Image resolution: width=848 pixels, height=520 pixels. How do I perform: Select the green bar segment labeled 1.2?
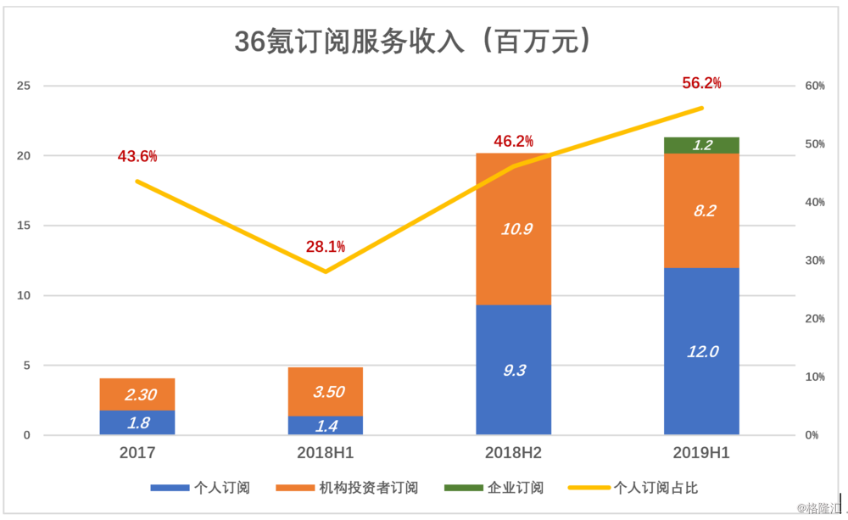pyautogui.click(x=701, y=145)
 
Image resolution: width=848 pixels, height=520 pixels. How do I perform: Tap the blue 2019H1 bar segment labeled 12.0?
pyautogui.click(x=701, y=351)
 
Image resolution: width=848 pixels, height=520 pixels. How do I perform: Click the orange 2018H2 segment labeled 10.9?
pyautogui.click(x=514, y=229)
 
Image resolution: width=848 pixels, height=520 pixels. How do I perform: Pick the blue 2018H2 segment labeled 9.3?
pyautogui.click(x=514, y=370)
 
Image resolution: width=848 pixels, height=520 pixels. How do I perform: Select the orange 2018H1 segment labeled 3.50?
pyautogui.click(x=326, y=392)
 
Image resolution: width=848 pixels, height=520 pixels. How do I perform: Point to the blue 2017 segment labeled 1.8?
pyautogui.click(x=137, y=422)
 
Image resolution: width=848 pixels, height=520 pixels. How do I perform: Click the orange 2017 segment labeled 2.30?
pyautogui.click(x=137, y=394)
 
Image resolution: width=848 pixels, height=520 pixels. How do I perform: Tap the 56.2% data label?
pyautogui.click(x=701, y=83)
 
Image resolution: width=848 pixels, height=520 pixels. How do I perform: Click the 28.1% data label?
pyautogui.click(x=326, y=247)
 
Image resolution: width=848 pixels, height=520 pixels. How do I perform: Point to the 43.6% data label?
pyautogui.click(x=137, y=156)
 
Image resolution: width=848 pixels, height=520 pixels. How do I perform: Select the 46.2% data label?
pyautogui.click(x=514, y=141)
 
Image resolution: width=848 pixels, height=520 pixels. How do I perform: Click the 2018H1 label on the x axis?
pyautogui.click(x=326, y=454)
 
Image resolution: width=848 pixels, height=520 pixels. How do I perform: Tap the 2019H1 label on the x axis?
pyautogui.click(x=701, y=454)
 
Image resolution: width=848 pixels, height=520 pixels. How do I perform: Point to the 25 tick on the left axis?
pyautogui.click(x=25, y=86)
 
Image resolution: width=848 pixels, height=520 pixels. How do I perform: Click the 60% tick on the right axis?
pyautogui.click(x=815, y=86)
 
